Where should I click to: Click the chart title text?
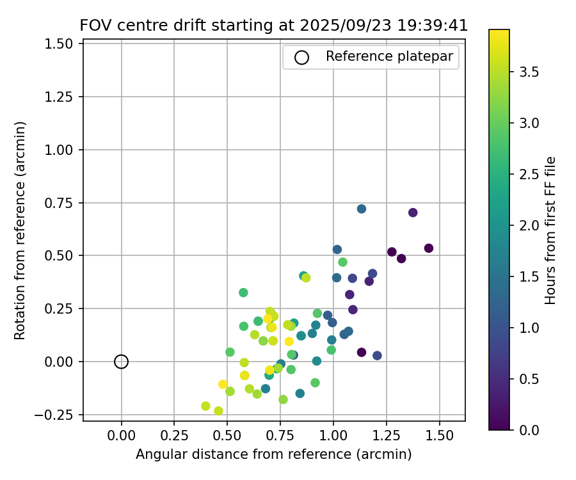pyautogui.click(x=274, y=26)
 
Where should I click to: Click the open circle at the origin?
pyautogui.click(x=121, y=362)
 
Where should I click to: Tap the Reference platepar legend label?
pyautogui.click(x=389, y=56)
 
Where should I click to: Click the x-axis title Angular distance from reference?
pyautogui.click(x=273, y=454)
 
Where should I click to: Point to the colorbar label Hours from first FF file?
pyautogui.click(x=550, y=230)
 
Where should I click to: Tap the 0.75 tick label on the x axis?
pyautogui.click(x=280, y=436)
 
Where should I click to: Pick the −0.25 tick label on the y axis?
pyautogui.click(x=59, y=415)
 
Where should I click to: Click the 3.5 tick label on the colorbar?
pyautogui.click(x=529, y=72)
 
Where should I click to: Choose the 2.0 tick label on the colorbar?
pyautogui.click(x=529, y=225)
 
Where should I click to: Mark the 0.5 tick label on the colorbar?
pyautogui.click(x=529, y=379)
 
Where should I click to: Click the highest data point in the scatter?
pyautogui.click(x=362, y=209)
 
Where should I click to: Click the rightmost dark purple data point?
pyautogui.click(x=429, y=248)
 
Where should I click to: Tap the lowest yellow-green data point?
pyautogui.click(x=218, y=411)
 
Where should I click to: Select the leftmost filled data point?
pyautogui.click(x=205, y=406)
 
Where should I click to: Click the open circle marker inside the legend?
pyautogui.click(x=301, y=57)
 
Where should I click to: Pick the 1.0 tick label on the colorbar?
pyautogui.click(x=529, y=328)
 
